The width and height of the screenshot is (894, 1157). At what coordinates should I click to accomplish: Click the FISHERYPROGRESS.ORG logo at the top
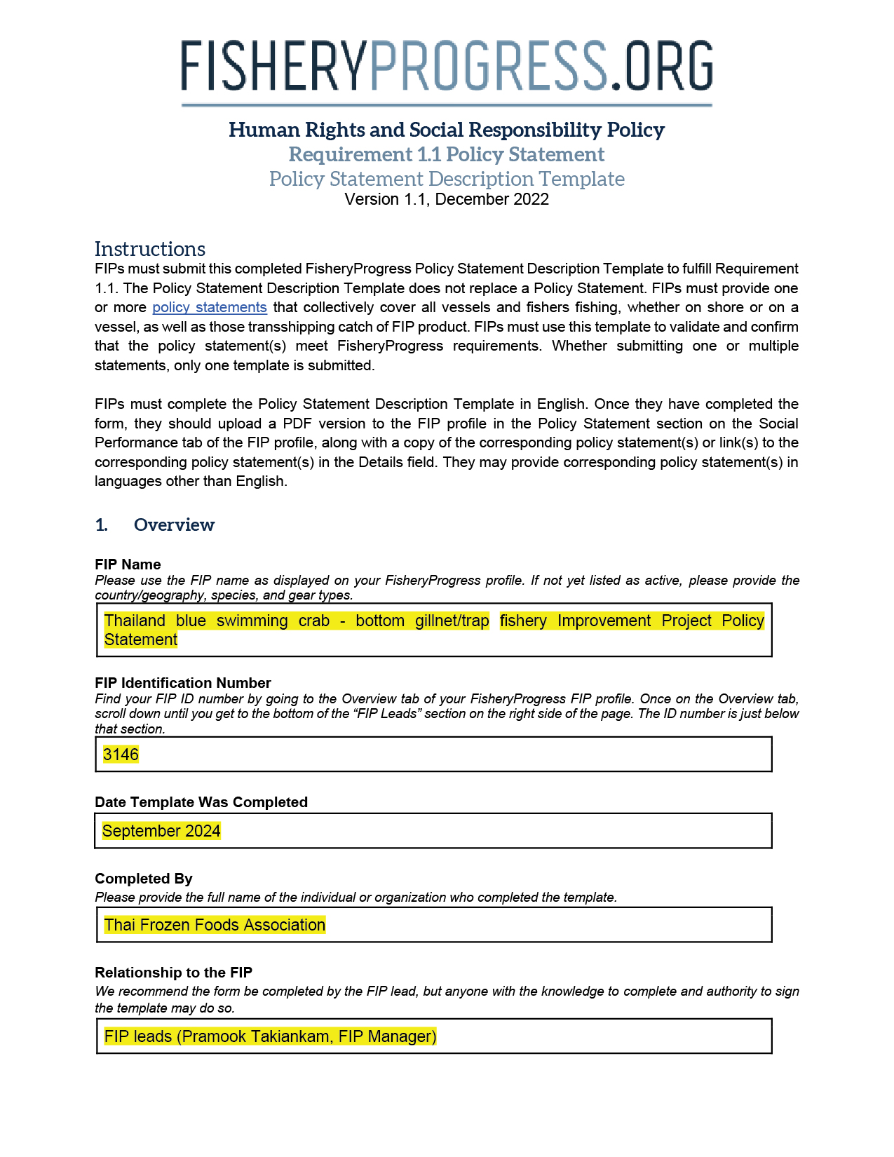(x=447, y=66)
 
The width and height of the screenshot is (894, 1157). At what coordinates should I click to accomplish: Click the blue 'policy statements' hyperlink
(x=210, y=307)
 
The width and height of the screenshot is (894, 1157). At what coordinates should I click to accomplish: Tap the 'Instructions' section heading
(x=150, y=249)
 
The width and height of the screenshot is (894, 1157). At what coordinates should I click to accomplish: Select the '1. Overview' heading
(x=155, y=525)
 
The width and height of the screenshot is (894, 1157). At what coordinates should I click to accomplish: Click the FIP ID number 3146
(x=121, y=755)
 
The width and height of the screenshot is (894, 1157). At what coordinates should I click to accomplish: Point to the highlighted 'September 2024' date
(x=161, y=831)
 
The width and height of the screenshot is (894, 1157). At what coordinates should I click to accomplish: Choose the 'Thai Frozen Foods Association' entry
(x=215, y=925)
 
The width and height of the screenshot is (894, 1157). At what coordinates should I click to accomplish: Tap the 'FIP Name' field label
(x=128, y=564)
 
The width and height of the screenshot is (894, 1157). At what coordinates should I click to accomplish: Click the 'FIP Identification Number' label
(x=182, y=683)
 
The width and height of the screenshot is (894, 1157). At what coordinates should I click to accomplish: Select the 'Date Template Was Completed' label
(x=201, y=802)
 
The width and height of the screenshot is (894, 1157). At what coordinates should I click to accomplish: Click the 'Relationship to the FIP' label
(x=173, y=973)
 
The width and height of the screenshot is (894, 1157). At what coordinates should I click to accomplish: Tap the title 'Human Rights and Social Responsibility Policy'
(x=447, y=130)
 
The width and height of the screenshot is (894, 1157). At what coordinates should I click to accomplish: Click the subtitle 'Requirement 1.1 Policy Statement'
(x=447, y=154)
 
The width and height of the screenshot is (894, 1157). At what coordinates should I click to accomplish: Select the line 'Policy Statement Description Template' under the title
(x=447, y=179)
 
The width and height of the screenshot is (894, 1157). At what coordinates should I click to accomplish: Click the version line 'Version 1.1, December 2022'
(x=447, y=199)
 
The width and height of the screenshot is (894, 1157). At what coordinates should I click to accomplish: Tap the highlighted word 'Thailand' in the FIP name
(x=135, y=621)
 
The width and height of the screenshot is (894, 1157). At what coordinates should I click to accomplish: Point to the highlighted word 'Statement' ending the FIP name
(x=141, y=640)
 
